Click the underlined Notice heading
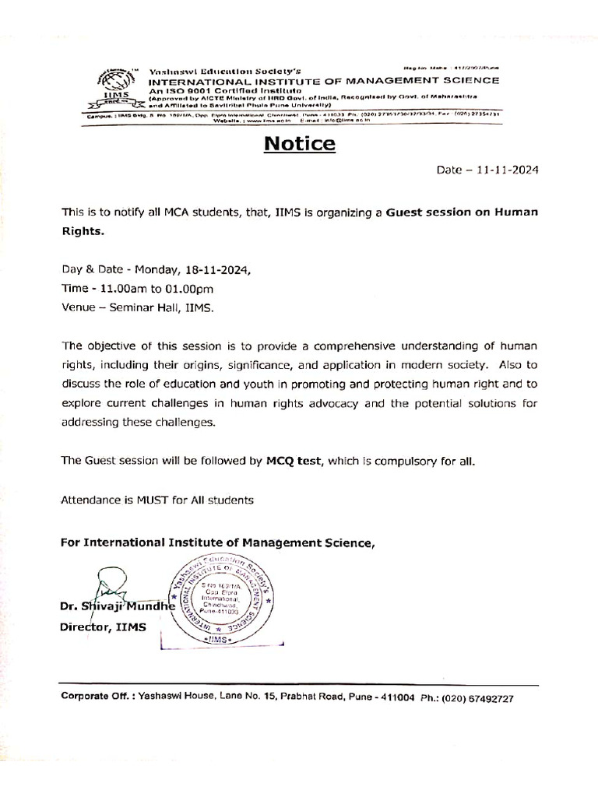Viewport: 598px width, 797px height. click(x=299, y=144)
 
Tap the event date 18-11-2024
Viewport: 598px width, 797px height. click(x=219, y=270)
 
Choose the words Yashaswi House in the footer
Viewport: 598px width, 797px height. click(x=171, y=698)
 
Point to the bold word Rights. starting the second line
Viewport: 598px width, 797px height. click(x=82, y=231)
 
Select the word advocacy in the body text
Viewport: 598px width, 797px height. click(x=347, y=403)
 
